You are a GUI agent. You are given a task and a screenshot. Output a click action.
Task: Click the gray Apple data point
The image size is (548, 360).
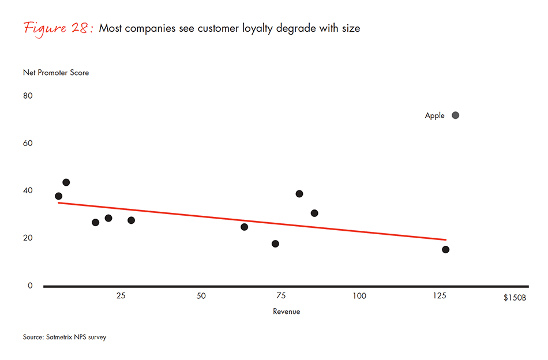pos(455,115)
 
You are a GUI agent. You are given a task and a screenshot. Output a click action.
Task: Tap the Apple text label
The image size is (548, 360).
pos(434,116)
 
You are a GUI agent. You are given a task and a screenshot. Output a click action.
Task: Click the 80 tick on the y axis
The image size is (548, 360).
pos(28,96)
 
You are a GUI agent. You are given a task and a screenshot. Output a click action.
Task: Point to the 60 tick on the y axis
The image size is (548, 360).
pos(28,143)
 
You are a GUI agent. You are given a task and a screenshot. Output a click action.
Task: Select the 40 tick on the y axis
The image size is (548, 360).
pos(28,191)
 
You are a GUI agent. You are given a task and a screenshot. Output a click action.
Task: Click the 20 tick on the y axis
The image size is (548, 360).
pos(28,238)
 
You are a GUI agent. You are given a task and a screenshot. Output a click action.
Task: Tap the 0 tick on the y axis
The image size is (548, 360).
pos(30,286)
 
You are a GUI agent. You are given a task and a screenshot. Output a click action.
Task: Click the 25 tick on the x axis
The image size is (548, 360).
pos(121,296)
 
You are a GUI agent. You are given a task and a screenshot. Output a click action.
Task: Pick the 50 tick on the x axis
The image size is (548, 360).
pos(201,296)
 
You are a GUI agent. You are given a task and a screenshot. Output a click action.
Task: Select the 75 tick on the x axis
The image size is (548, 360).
pos(280,296)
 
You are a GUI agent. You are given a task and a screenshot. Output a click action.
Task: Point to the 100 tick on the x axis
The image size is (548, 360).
pos(359,296)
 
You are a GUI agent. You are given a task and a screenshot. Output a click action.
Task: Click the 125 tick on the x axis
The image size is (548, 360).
pos(440,296)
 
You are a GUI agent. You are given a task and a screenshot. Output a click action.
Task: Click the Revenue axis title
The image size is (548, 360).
pos(286,312)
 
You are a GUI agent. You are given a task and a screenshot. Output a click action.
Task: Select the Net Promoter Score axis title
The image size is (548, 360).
pos(56,73)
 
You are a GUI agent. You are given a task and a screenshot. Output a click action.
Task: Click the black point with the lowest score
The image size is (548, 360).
pos(445,249)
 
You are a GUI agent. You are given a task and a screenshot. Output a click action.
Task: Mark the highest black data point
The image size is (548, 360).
pos(66,182)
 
